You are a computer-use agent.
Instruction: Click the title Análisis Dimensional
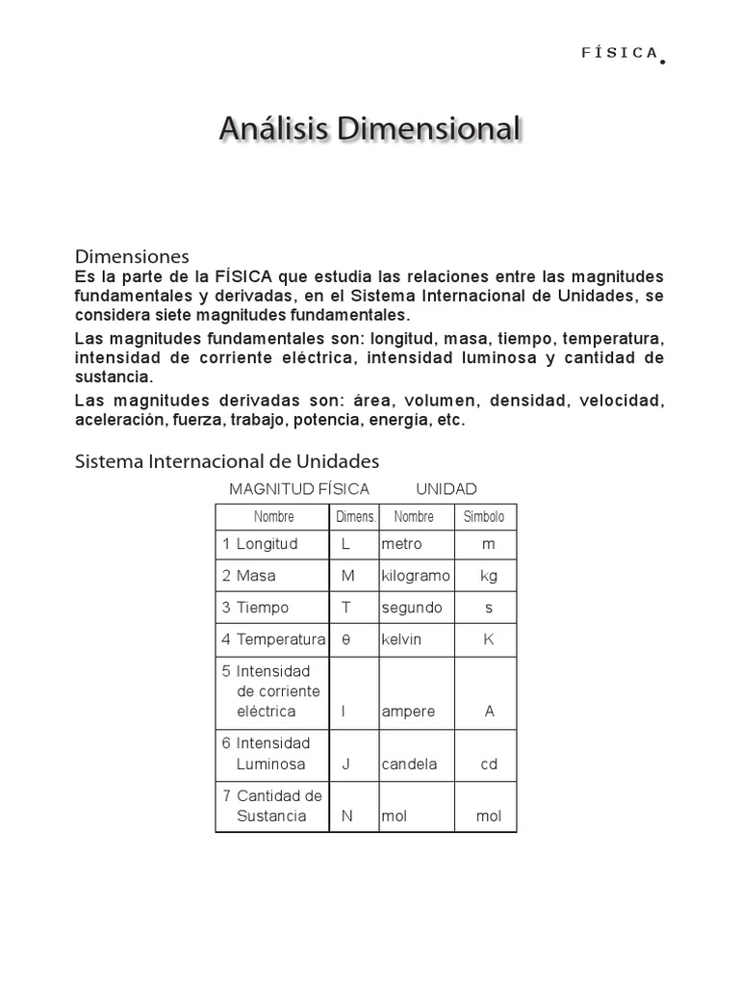coord(369,128)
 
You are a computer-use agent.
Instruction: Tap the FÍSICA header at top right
coord(621,53)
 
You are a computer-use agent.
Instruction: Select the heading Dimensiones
coord(132,256)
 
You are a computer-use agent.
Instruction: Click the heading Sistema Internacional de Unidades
coord(227,461)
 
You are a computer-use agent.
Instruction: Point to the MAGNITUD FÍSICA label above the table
coord(299,489)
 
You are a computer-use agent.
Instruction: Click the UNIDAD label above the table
coord(446,489)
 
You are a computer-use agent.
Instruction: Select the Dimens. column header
coord(356,517)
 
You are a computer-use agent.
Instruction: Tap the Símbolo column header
coord(484,517)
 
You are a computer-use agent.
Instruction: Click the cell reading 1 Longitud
coord(260,544)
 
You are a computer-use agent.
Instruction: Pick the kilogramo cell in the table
coord(416,576)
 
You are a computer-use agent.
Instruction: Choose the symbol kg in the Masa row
coord(489,576)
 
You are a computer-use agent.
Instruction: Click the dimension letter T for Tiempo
coord(346,608)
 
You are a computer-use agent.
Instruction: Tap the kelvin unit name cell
coord(401,639)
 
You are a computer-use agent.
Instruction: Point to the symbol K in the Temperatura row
coord(489,639)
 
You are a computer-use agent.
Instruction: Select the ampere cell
coord(408,712)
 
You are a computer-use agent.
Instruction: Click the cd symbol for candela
coord(489,765)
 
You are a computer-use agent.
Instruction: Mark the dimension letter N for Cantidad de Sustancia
coord(346,817)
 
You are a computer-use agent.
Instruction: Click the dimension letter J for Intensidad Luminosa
coord(345,765)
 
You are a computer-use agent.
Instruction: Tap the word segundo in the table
coord(412,608)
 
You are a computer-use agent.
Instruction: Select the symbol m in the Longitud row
coord(489,544)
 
